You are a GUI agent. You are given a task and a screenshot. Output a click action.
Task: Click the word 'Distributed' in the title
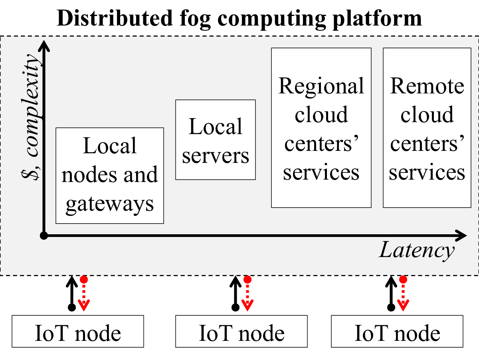pos(115,18)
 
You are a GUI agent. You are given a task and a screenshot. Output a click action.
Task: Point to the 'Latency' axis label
pos(417,251)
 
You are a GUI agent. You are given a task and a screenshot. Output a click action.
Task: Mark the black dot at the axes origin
pos(44,235)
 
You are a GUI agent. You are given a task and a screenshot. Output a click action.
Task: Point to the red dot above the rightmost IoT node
pos(403,279)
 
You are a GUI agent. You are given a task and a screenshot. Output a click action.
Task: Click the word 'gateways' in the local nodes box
pos(110,204)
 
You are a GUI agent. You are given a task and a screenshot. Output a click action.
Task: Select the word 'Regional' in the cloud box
pos(321,87)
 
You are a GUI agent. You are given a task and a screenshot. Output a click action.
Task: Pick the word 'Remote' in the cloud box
pos(427,86)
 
